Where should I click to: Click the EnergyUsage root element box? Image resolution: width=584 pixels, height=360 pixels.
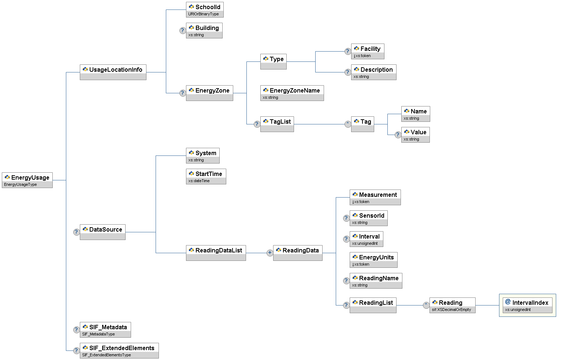(27, 180)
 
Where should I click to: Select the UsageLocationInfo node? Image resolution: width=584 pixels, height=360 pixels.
(113, 72)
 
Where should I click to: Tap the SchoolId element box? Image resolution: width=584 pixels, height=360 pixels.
(205, 10)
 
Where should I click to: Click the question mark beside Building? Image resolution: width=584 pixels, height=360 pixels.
(182, 30)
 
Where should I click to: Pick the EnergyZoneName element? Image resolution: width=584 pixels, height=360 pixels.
(292, 93)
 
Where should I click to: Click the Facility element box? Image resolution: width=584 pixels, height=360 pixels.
(368, 51)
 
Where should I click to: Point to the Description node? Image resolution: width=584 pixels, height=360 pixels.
(373, 72)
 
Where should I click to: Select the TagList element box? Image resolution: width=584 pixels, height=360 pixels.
(277, 124)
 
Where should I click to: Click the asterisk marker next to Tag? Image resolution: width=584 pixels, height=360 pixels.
(348, 124)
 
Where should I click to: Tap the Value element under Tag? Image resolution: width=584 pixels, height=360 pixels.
(415, 134)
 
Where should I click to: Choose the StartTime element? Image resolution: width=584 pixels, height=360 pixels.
(206, 176)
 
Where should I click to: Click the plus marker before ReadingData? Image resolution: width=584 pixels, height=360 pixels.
(270, 252)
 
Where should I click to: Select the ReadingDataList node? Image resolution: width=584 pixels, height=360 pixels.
(216, 252)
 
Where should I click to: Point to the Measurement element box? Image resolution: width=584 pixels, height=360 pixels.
(375, 197)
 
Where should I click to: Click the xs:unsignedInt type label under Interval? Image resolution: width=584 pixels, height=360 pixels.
(365, 243)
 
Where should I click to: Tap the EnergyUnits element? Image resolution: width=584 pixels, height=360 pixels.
(373, 259)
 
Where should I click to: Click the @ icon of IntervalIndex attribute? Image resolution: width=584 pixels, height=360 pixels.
(508, 302)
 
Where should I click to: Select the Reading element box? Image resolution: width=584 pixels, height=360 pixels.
(452, 305)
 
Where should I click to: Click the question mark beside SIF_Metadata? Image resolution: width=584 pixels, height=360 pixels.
(76, 330)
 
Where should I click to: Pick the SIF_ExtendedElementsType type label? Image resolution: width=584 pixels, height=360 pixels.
(106, 355)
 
